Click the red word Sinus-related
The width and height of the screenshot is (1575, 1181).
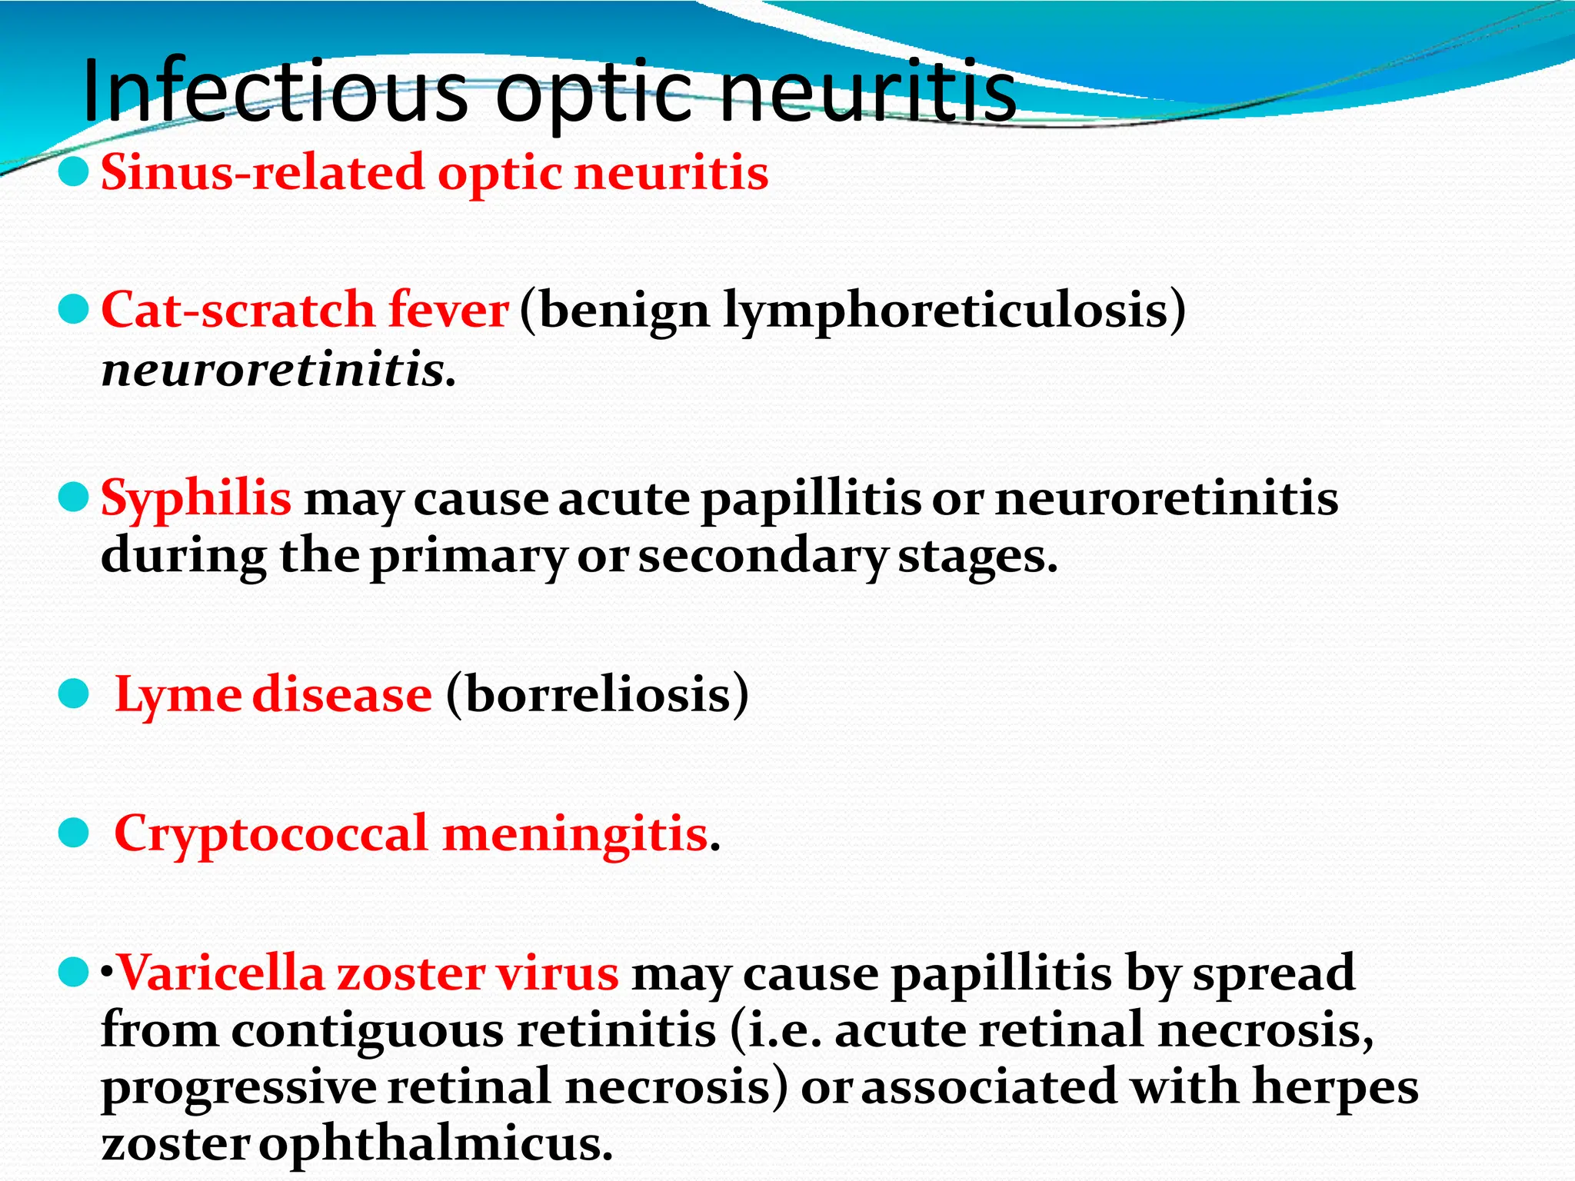tap(261, 172)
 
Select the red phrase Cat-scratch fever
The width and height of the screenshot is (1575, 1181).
tap(305, 310)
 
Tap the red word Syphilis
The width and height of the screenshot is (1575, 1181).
tap(196, 497)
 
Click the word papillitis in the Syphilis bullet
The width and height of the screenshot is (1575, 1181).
tap(811, 500)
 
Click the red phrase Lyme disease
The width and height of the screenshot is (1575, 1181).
tap(273, 694)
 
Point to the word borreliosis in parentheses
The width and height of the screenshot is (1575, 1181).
tap(597, 694)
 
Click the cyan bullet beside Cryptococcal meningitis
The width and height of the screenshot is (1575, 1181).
tap(74, 833)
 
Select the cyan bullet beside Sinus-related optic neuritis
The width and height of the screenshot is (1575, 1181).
tap(74, 172)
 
